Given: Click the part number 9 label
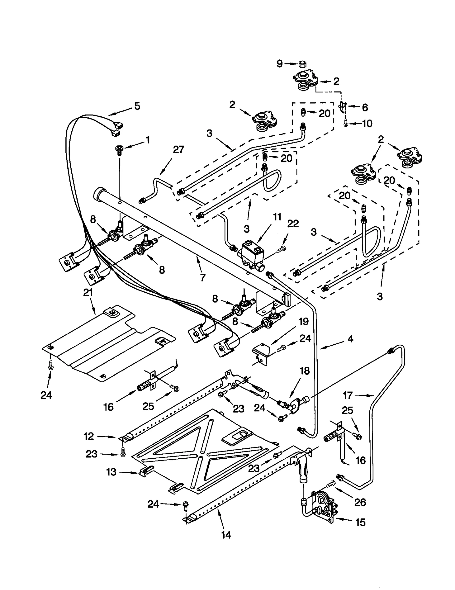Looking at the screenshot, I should coord(280,64).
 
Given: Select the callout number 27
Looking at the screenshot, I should coord(179,150).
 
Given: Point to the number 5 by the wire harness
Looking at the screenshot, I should coord(137,106).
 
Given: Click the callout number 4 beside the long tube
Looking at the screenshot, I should coord(350,339).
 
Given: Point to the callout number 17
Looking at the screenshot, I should coord(348,395).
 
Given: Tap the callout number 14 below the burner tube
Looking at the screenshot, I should coord(226,535).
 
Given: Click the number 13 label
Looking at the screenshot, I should coord(111,472).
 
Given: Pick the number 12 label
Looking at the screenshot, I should coord(89,436).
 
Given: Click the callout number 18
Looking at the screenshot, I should coord(305,371).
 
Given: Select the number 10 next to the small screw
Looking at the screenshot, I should coord(367,124).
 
